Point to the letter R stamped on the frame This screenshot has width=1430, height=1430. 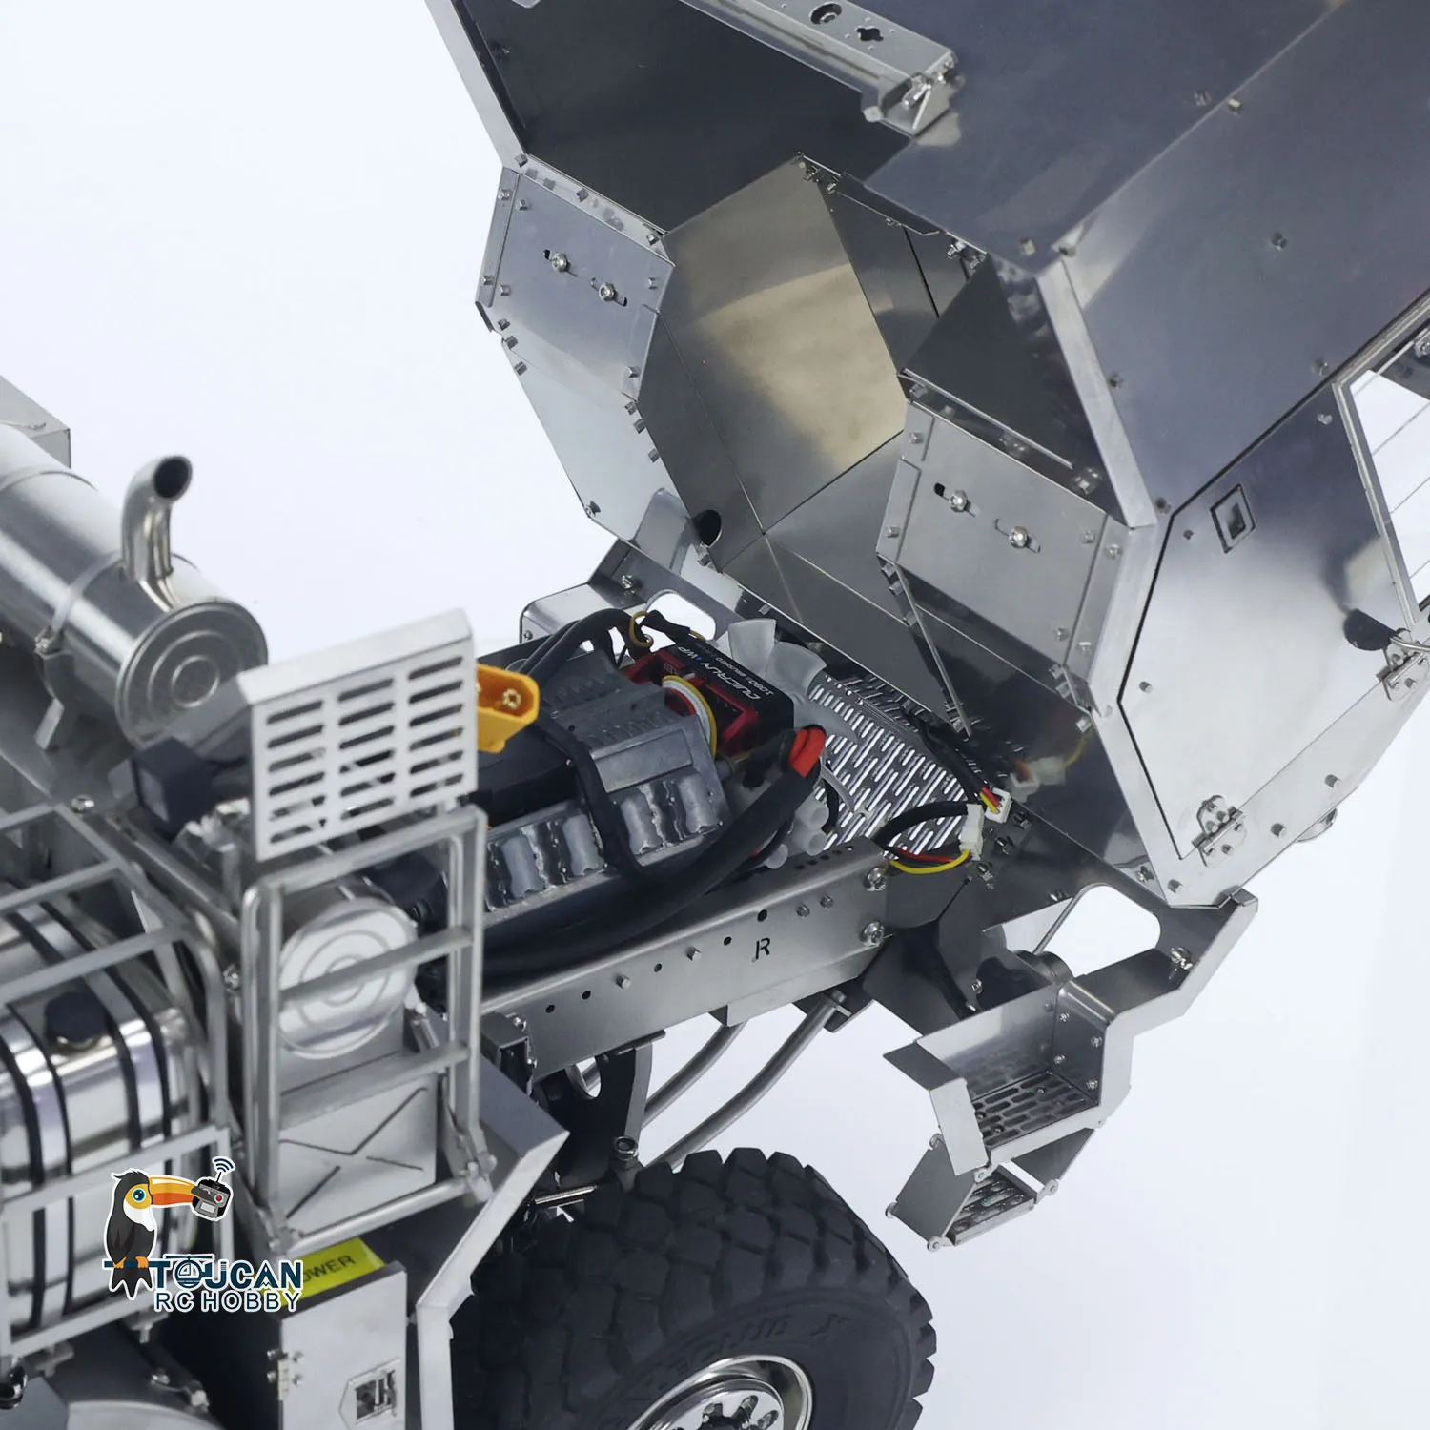click(762, 948)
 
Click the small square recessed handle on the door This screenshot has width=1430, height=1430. click(1231, 515)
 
